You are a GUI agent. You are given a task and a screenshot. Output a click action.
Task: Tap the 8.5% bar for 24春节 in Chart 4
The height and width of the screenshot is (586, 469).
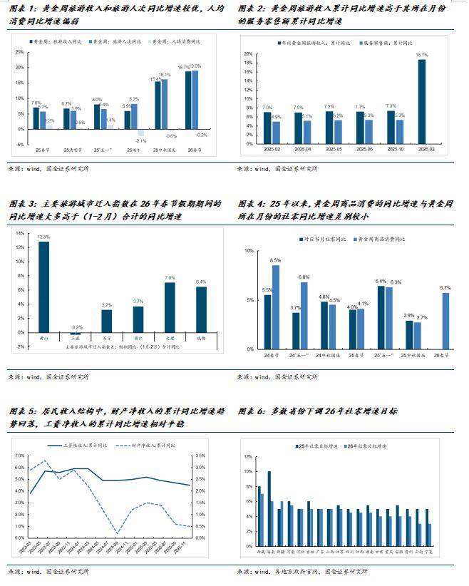[276, 307]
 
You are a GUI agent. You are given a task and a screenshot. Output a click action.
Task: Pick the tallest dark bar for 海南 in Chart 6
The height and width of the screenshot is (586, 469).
[269, 501]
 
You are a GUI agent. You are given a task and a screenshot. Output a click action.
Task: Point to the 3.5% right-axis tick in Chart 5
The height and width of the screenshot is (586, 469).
[200, 455]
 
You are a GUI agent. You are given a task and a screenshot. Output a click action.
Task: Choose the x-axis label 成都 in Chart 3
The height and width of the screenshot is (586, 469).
[201, 339]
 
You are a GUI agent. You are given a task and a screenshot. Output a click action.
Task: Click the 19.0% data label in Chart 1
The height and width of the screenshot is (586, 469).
[195, 66]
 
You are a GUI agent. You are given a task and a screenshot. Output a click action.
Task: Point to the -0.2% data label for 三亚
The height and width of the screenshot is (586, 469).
[76, 327]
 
